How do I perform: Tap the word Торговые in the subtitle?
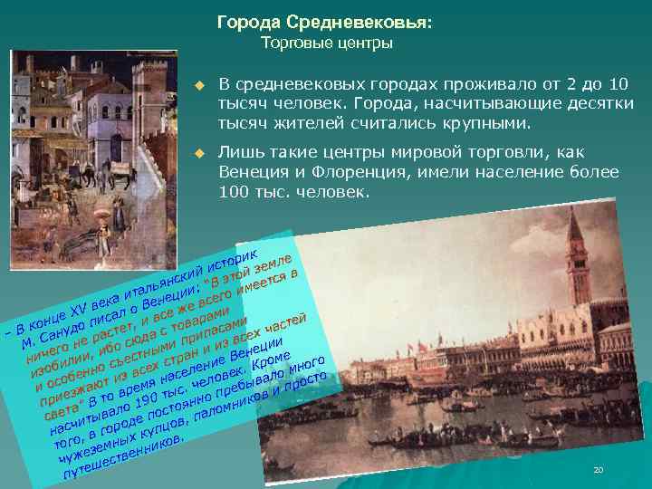click(x=292, y=43)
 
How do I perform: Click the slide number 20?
click(x=597, y=470)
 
